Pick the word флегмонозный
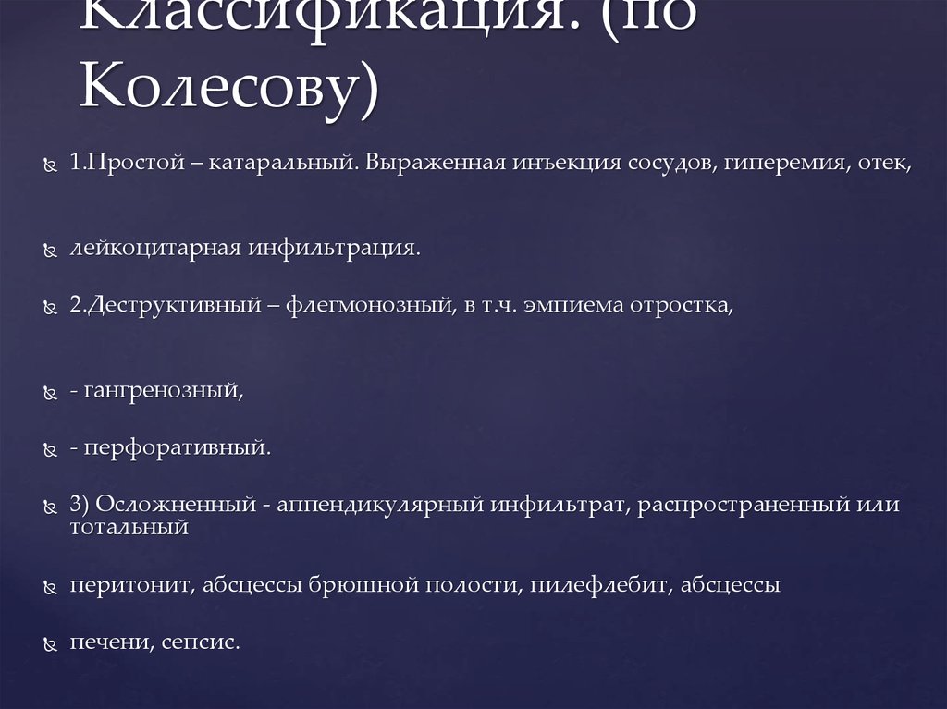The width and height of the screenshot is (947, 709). tap(364, 306)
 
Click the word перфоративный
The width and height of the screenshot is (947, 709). tap(177, 449)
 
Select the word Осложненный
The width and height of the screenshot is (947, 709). tap(175, 506)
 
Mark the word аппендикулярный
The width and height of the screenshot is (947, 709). tap(379, 506)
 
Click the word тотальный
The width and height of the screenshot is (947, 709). tap(129, 528)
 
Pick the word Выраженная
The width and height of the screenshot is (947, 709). tap(433, 165)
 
